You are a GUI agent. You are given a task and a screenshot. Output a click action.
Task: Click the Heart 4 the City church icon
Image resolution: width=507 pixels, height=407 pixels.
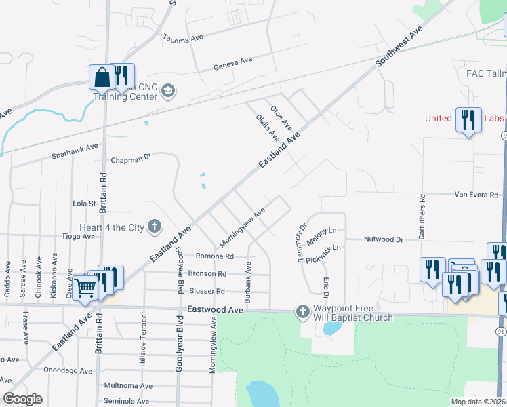[155, 227]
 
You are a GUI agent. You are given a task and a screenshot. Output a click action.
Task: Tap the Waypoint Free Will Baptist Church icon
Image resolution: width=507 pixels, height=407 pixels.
[302, 313]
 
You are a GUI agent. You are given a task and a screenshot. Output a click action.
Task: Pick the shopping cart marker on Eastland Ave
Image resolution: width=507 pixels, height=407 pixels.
[85, 289]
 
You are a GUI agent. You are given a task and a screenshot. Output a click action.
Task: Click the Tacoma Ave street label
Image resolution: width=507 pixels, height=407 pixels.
[183, 39]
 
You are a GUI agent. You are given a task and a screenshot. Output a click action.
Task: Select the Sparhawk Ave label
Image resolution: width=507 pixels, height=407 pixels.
[75, 151]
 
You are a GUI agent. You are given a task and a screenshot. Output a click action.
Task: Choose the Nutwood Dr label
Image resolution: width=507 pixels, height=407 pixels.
[383, 239]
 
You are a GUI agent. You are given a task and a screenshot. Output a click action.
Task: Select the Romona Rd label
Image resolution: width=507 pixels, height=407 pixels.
[214, 256]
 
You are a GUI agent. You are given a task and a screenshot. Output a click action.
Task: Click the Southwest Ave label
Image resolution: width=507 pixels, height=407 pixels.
[400, 46]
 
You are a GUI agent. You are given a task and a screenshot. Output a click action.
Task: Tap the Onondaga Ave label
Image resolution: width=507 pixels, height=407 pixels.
[68, 370]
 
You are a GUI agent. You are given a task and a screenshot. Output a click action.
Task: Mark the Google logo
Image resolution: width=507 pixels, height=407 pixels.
[22, 399]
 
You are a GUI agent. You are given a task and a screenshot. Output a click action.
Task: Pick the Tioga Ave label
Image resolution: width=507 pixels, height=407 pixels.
[79, 237]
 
